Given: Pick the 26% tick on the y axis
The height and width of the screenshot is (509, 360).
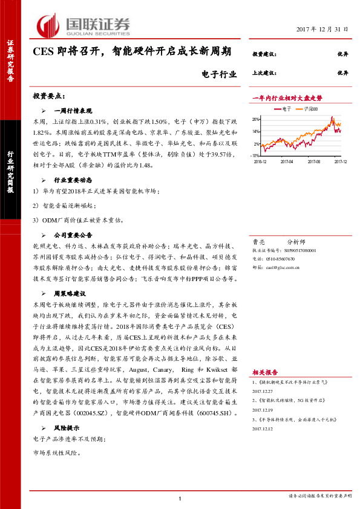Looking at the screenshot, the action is click(x=256, y=119).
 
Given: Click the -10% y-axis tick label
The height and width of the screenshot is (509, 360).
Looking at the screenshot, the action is click(x=255, y=155).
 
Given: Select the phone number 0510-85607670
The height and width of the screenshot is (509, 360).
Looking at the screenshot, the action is click(x=282, y=257).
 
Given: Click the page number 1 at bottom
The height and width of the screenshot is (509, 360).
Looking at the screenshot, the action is click(x=180, y=498).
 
